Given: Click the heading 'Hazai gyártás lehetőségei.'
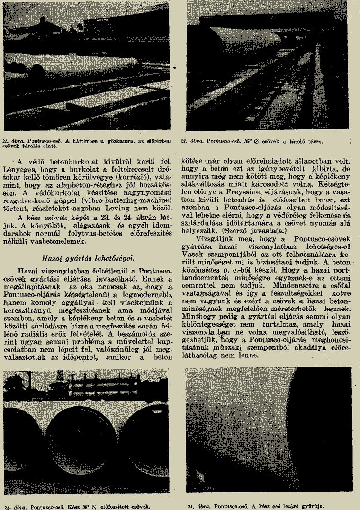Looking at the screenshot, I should (87, 258).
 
